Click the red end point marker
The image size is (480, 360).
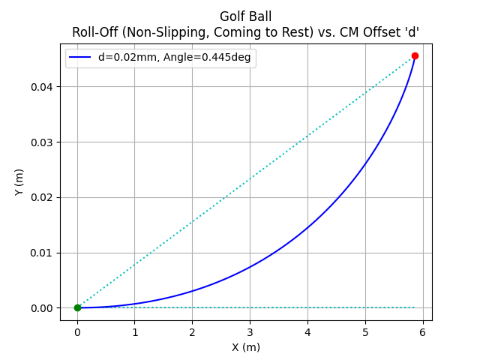[415, 55]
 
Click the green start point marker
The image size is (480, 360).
[77, 307]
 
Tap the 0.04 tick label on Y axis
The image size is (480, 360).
[41, 87]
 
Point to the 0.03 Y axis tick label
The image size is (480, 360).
[41, 142]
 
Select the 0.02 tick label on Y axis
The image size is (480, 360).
[41, 197]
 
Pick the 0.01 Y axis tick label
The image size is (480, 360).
[41, 253]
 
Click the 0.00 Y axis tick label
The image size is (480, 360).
[41, 308]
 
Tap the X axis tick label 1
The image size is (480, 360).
[135, 332]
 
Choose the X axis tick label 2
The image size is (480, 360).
[192, 332]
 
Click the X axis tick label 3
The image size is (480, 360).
[250, 332]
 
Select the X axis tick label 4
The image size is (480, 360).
[307, 332]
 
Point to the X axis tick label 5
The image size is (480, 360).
[365, 332]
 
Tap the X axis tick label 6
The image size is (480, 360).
[423, 332]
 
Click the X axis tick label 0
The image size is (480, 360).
[77, 332]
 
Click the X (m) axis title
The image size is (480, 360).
[246, 347]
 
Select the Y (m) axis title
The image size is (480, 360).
[19, 182]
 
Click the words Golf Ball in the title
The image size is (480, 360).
[246, 16]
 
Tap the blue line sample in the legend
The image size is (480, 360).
[80, 57]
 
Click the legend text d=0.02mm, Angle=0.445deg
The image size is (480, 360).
[175, 57]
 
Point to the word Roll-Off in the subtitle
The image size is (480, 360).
[95, 32]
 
